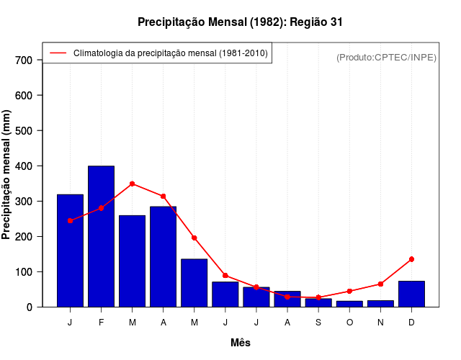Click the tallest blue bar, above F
[101, 236]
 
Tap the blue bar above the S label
[318, 302]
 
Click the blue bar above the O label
[349, 304]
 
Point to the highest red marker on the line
[132, 184]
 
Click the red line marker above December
[411, 259]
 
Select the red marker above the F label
[101, 208]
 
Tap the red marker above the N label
[380, 284]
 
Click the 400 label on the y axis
[24, 166]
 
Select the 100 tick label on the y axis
[24, 271]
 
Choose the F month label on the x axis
[101, 323]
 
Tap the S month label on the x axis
[318, 323]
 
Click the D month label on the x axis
[411, 323]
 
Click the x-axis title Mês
[241, 343]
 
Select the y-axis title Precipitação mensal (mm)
[7, 174]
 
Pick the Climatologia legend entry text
[170, 53]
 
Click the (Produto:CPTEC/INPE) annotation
[387, 57]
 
